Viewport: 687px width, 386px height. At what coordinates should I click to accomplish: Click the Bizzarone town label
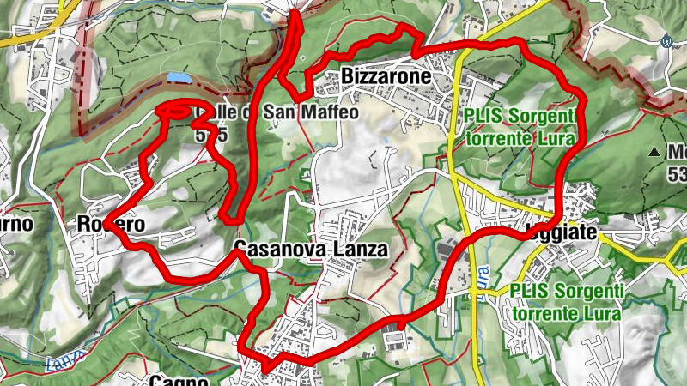[385, 76]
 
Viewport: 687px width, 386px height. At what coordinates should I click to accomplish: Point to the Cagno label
[179, 379]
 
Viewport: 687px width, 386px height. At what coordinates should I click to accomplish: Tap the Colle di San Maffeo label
[258, 112]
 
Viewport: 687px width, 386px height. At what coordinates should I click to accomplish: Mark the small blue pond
[179, 78]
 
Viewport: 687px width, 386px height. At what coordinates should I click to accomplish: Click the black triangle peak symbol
[655, 153]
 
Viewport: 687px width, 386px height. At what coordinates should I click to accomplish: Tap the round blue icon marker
[666, 39]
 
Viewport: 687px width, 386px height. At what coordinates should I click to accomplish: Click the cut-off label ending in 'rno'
[15, 224]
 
